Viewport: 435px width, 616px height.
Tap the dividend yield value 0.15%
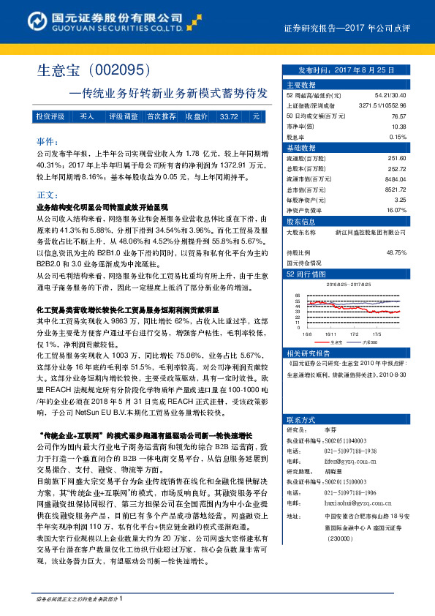click(x=397, y=137)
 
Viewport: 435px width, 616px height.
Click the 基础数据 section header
click(x=299, y=147)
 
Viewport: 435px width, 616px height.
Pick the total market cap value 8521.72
click(x=394, y=188)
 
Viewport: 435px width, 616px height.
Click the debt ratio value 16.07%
click(x=396, y=209)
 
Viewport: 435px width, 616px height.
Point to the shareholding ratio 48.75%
click(x=396, y=252)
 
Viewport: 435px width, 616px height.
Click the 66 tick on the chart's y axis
click(x=298, y=297)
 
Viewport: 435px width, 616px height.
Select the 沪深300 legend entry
click(x=369, y=341)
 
